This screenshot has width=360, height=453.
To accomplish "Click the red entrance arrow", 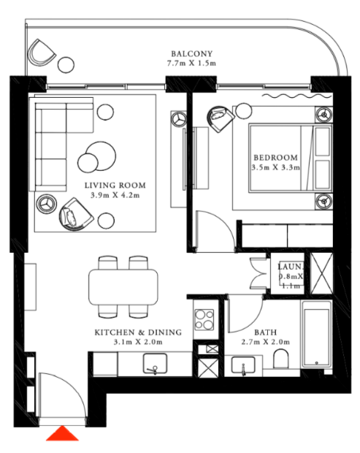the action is click(62, 434).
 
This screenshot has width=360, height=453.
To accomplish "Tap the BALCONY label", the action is click(192, 54).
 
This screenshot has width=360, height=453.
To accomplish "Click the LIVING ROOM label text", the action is click(115, 185).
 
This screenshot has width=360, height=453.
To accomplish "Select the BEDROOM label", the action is click(275, 157).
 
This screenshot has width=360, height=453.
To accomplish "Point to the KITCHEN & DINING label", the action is click(138, 332).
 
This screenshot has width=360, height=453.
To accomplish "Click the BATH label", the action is click(266, 332).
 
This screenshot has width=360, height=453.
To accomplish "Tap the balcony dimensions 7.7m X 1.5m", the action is click(192, 63).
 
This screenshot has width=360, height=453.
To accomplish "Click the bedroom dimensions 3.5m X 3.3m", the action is click(275, 167).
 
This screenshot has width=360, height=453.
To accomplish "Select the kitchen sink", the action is click(155, 363).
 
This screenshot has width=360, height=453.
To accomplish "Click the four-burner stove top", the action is click(204, 319).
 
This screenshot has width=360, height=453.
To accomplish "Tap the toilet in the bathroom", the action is click(280, 359).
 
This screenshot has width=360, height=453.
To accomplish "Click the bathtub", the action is click(317, 334).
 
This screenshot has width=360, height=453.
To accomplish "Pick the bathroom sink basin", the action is click(243, 365).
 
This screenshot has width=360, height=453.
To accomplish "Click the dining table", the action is click(123, 287).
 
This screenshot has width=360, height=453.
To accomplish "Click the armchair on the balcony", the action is click(42, 53).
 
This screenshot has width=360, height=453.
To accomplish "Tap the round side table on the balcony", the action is click(66, 65).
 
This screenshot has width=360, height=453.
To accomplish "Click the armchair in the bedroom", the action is click(220, 118).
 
